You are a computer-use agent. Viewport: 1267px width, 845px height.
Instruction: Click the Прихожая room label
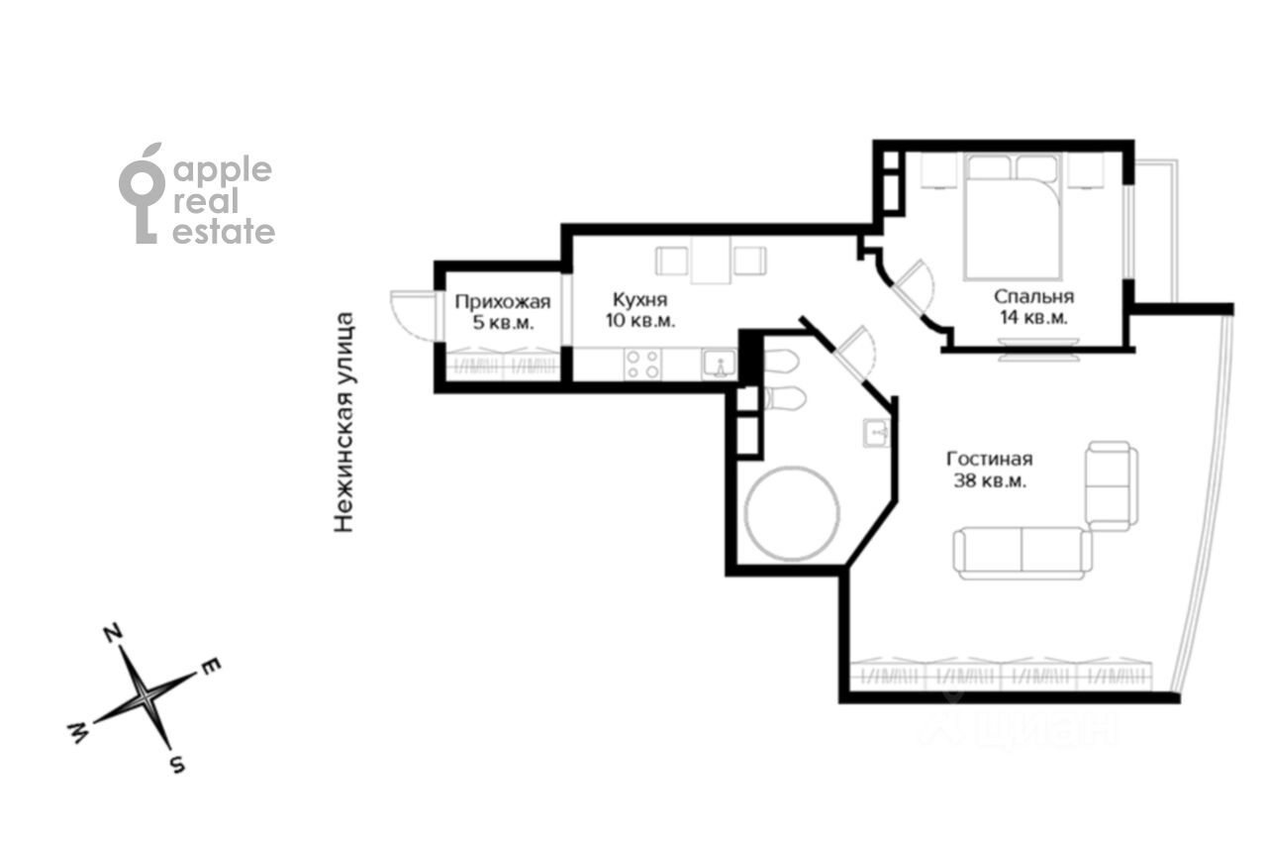[x=502, y=302]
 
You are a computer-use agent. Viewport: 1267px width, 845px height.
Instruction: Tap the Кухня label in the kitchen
[x=640, y=299]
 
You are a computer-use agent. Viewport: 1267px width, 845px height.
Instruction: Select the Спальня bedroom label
[x=1034, y=296]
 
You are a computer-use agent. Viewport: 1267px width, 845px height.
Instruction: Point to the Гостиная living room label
[x=990, y=459]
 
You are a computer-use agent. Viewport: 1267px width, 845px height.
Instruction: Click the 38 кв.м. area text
[x=990, y=481]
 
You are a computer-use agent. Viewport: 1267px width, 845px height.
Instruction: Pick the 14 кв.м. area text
[x=1034, y=318]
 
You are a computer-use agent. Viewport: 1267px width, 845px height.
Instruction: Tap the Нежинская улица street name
[x=343, y=422]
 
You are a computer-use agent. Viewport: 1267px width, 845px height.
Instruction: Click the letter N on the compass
[x=113, y=633]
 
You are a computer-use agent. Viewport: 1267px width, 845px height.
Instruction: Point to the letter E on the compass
[x=210, y=667]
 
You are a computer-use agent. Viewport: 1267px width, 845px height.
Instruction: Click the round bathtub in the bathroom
[x=791, y=513]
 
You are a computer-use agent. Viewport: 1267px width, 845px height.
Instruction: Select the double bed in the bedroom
[x=1012, y=217]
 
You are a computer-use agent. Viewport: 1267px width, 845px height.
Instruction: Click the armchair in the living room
[x=1112, y=485]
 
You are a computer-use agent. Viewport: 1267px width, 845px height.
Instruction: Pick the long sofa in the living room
[x=1023, y=553]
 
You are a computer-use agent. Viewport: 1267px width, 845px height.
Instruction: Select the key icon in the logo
[x=142, y=193]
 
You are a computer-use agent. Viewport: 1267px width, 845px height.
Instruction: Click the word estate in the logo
[x=224, y=233]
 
